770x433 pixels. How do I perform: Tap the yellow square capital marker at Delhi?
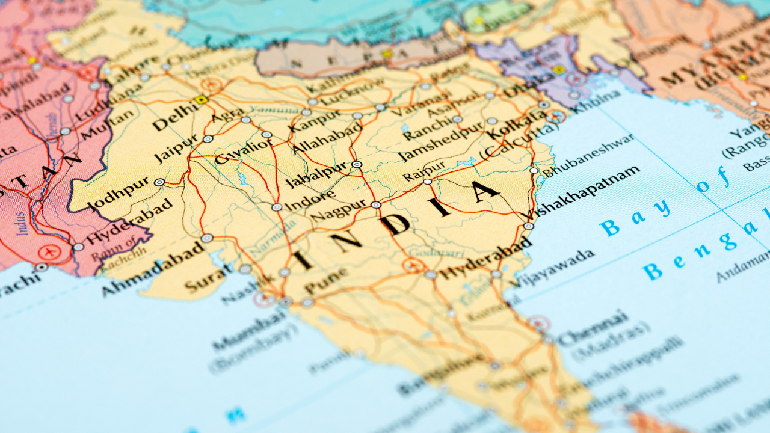click(201, 100)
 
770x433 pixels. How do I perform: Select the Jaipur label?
click(176, 147)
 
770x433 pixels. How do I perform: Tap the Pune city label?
click(325, 281)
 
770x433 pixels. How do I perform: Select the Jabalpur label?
click(316, 174)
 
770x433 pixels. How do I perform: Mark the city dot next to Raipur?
click(427, 181)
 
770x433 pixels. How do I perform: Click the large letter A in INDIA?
click(482, 192)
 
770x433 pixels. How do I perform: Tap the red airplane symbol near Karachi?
click(46, 253)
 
